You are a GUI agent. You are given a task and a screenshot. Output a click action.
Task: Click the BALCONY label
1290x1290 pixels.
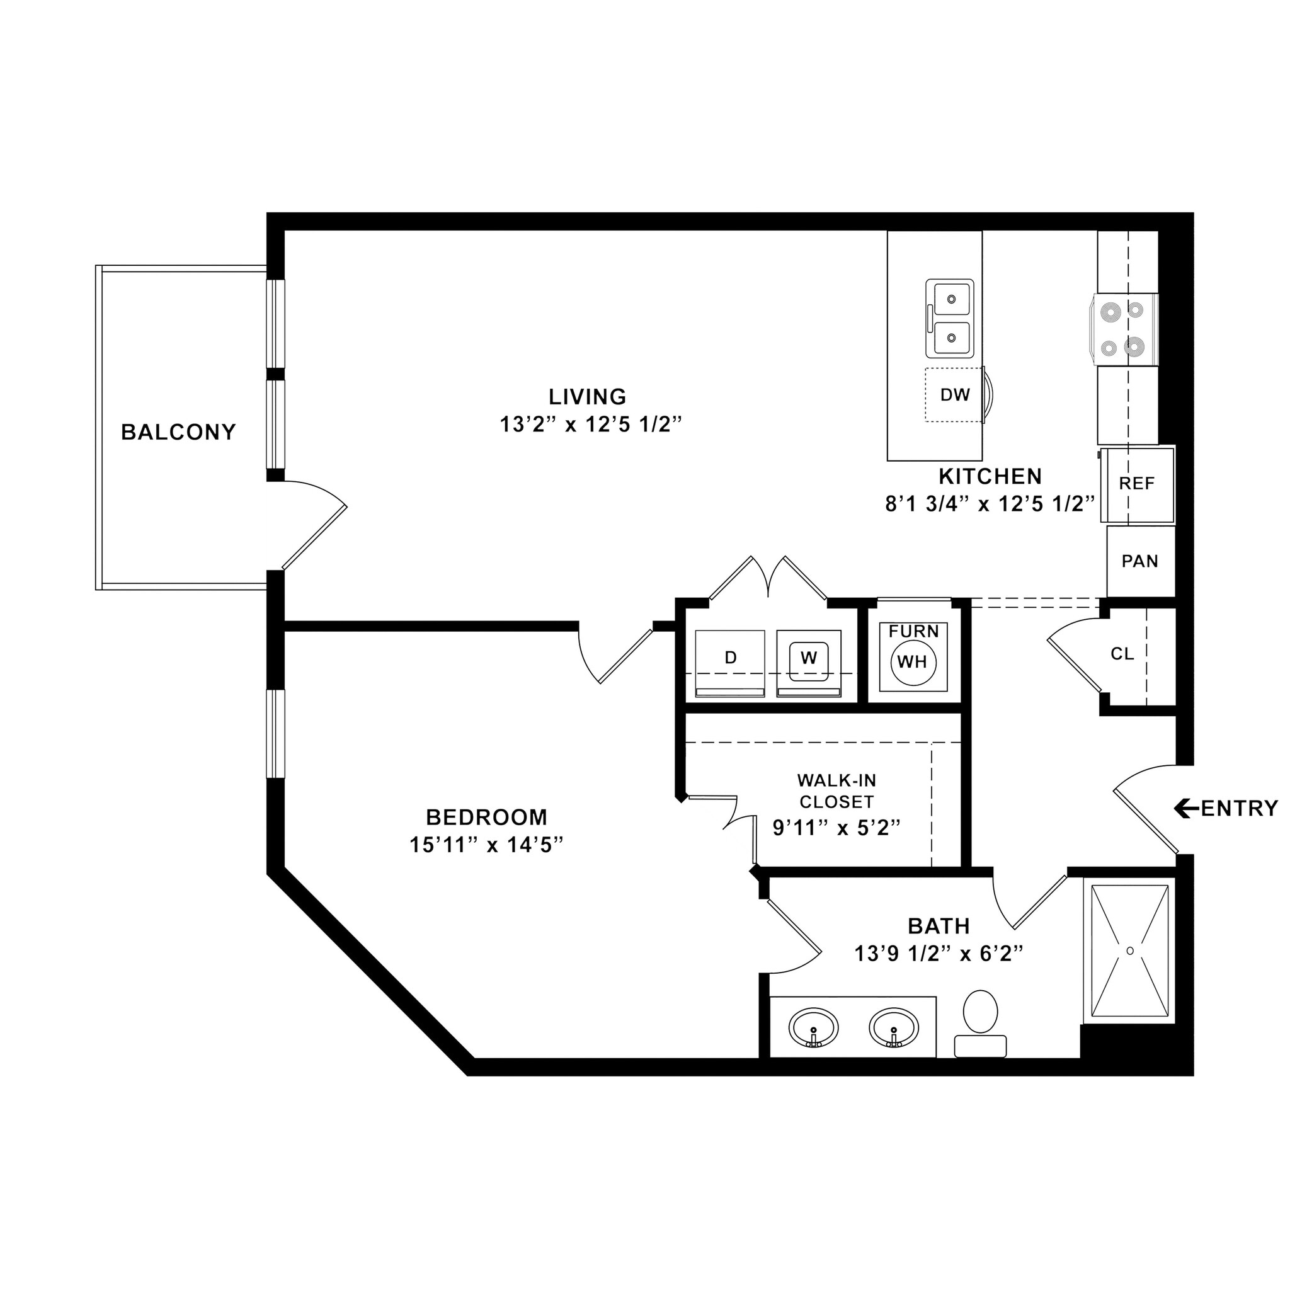178,433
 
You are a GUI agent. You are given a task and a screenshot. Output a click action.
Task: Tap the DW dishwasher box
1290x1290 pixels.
954,394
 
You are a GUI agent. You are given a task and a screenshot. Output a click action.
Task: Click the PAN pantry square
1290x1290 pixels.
1139,561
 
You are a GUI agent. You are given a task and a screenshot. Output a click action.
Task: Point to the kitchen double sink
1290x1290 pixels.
949,319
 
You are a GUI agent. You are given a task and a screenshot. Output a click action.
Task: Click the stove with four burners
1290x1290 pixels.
1125,329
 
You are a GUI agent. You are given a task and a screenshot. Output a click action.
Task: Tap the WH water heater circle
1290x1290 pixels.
913,662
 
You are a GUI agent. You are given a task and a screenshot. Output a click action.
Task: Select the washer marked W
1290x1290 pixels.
809,658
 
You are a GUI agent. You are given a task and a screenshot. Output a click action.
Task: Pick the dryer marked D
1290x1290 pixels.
731,658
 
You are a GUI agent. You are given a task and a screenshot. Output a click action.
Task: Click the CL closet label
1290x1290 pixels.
1122,654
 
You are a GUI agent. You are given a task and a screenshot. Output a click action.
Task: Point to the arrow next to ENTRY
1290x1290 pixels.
1186,809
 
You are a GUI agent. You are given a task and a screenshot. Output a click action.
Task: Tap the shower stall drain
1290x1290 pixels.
1131,950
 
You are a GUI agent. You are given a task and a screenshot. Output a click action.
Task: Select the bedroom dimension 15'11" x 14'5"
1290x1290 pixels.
487,845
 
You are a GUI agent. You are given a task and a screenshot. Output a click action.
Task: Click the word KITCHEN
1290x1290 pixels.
990,477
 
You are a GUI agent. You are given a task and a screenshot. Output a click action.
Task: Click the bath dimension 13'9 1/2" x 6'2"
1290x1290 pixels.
939,954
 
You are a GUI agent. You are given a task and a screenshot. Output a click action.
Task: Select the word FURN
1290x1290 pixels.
913,632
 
